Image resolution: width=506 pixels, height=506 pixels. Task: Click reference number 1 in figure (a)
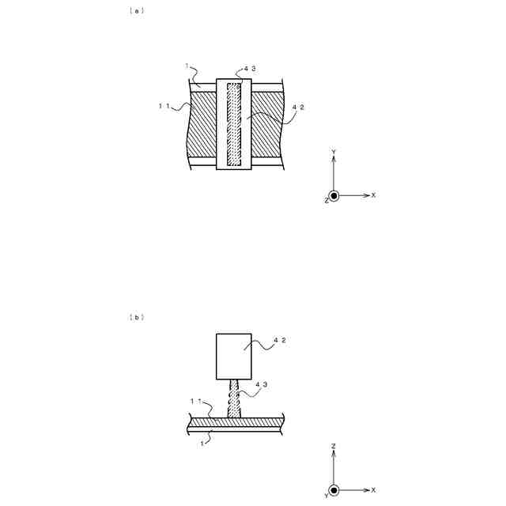click(187, 67)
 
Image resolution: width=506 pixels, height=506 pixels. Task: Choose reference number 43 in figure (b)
click(262, 385)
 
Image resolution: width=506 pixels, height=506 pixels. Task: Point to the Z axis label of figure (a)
click(326, 201)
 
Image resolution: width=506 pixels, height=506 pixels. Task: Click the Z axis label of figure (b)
click(334, 447)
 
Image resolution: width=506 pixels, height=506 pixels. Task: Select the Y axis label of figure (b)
click(326, 497)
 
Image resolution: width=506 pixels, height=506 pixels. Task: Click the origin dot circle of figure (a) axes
click(334, 195)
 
